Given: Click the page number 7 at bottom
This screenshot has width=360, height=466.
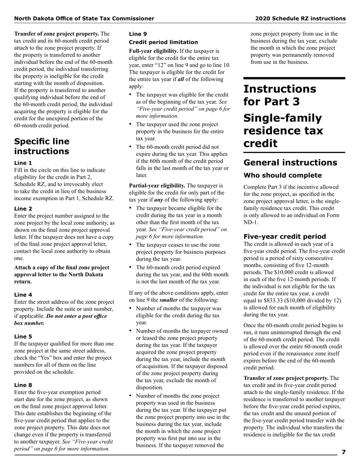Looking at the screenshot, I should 343,452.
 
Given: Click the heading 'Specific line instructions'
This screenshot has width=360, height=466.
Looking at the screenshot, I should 42,146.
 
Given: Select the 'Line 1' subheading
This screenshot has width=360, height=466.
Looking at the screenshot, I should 23,163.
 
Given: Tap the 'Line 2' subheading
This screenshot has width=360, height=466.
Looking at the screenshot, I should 23,208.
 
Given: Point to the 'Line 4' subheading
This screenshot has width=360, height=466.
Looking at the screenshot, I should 23,294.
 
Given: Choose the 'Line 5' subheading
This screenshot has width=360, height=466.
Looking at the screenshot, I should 23,336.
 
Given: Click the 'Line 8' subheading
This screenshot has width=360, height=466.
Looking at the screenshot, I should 23,385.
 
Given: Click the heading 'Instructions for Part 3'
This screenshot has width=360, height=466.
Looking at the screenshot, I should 280,95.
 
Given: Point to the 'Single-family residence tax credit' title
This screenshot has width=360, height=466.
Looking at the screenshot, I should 283,131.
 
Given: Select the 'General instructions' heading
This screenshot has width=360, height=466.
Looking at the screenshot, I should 290,163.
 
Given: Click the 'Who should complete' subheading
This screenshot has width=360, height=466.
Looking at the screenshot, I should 282,175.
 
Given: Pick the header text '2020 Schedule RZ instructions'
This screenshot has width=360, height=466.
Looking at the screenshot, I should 300,18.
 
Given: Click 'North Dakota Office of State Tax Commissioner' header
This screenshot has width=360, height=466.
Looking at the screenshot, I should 84,18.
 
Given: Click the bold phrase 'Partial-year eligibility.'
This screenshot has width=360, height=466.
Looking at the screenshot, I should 157,186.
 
